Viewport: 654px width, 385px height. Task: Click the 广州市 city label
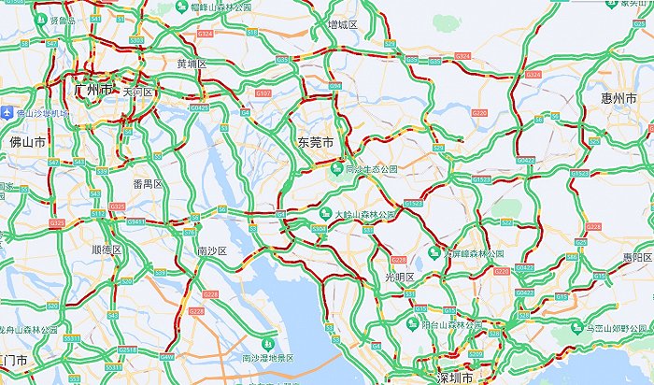point(92,90)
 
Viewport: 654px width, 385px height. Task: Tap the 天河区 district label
point(136,92)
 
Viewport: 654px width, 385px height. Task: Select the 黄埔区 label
point(192,64)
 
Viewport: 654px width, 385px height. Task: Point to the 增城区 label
point(343,23)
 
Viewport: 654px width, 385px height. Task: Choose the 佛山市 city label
point(27,142)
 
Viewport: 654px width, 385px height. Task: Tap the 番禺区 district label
point(148,184)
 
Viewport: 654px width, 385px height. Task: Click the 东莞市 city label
point(316,143)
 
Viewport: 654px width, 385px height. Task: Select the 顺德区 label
point(107,250)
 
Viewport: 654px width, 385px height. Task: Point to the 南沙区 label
point(212,251)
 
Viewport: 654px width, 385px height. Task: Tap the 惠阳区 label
point(636,257)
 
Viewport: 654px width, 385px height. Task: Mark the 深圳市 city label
point(456,378)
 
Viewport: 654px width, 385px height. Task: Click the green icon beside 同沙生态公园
point(334,169)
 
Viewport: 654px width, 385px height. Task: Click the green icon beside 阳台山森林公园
point(412,324)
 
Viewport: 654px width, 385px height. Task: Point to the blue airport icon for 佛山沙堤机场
point(7,113)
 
